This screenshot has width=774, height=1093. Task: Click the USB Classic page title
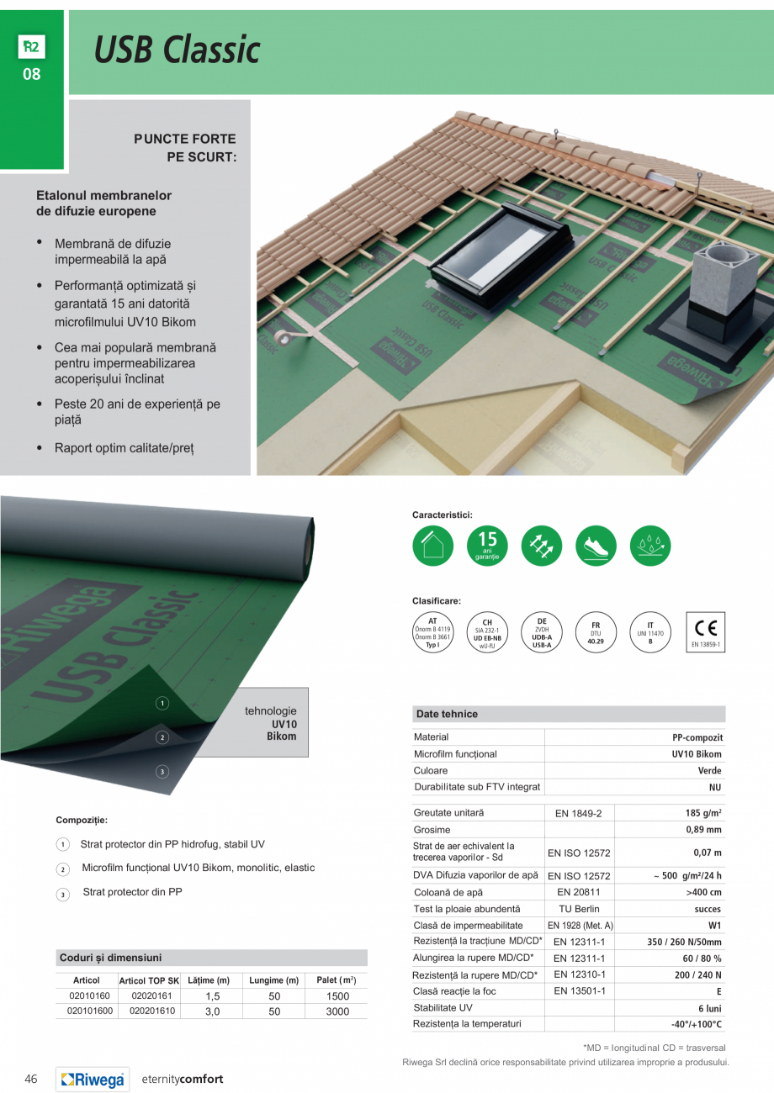(x=177, y=51)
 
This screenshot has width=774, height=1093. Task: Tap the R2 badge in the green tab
(x=31, y=47)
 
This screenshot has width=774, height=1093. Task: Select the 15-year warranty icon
(x=487, y=546)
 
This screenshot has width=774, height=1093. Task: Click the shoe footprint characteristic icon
(x=596, y=546)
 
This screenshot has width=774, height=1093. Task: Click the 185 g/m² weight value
(x=703, y=813)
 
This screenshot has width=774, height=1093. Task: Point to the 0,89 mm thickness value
(x=705, y=830)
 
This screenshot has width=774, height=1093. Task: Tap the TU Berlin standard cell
(x=579, y=909)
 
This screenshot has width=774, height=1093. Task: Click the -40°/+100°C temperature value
(x=697, y=1024)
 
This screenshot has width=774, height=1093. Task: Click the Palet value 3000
(x=337, y=1011)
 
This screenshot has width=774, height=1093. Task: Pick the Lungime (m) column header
(x=274, y=980)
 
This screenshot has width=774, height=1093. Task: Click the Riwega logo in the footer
(x=93, y=1080)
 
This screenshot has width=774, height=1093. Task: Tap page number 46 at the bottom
(x=31, y=1080)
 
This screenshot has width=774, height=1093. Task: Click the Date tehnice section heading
(x=447, y=714)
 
